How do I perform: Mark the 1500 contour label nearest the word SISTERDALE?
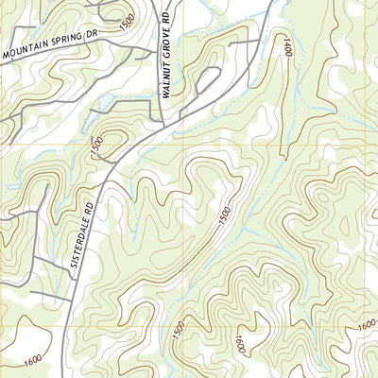96,148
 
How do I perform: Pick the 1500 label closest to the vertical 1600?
176,331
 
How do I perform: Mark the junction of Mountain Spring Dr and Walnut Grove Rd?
159,40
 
